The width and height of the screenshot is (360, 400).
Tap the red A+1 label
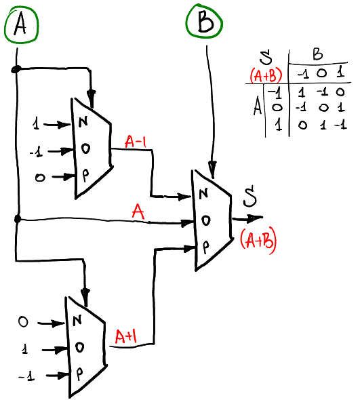point(126,336)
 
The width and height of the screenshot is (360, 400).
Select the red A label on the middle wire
point(139,214)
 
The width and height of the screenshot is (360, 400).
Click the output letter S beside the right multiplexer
point(250,201)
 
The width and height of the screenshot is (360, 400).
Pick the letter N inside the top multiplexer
point(83,123)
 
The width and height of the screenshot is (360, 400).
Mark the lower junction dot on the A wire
point(17,220)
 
